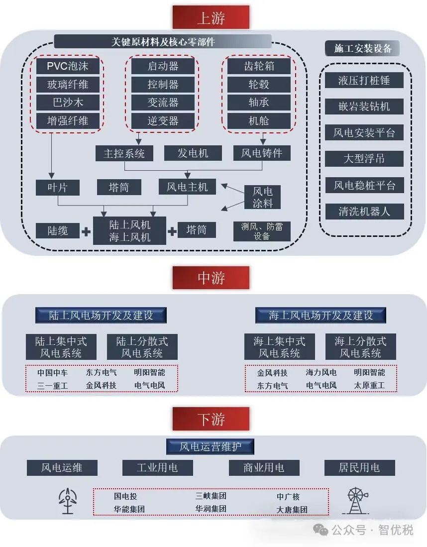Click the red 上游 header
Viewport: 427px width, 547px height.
tap(211, 17)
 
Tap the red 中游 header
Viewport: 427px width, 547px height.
tap(211, 278)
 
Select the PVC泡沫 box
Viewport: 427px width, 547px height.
tap(68, 66)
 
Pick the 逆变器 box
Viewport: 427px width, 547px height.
tap(163, 120)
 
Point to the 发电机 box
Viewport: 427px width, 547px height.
tap(193, 153)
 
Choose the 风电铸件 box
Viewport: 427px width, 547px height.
tap(262, 153)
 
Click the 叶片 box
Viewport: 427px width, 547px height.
tap(58, 187)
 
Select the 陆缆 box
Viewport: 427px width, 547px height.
tap(58, 230)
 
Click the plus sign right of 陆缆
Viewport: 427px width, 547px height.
tap(86, 231)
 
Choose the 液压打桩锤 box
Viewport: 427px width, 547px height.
tap(364, 80)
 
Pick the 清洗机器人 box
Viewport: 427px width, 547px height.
tap(364, 211)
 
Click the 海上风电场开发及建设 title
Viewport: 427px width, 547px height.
tap(321, 315)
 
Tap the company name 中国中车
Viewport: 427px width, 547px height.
tap(52, 372)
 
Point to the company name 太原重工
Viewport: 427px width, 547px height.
tap(369, 385)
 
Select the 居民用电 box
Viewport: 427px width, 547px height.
tap(359, 467)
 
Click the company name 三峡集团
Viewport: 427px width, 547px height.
tap(211, 496)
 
